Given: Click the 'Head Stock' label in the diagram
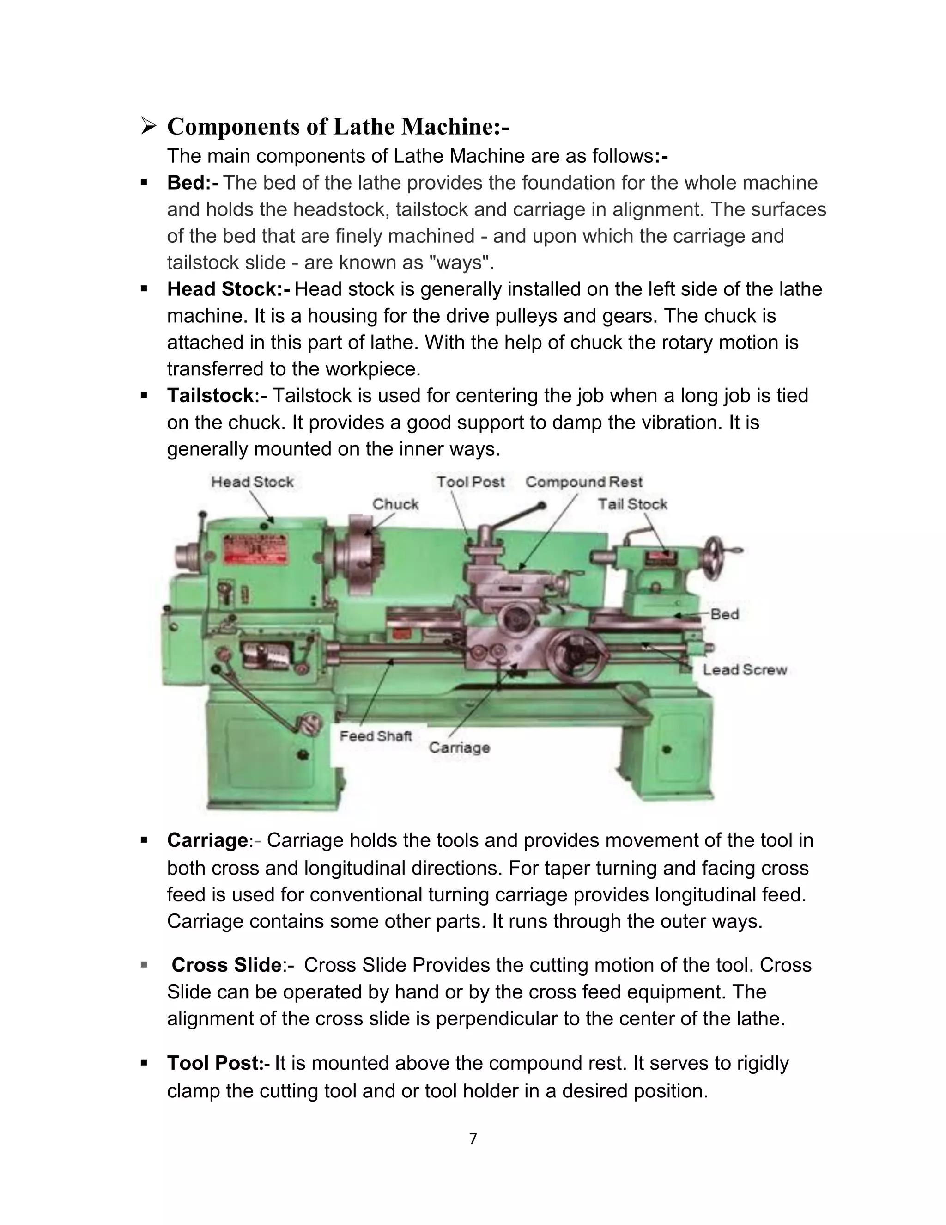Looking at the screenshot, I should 252,482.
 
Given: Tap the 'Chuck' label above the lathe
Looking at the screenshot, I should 396,504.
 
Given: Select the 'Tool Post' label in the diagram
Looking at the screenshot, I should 470,482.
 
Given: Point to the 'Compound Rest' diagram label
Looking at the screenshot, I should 583,482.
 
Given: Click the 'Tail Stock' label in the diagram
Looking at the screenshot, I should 632,504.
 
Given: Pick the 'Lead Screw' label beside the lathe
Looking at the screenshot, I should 745,670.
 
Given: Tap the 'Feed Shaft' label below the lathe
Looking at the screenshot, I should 376,736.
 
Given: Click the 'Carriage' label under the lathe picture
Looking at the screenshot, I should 460,747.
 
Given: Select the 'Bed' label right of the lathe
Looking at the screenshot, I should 725,614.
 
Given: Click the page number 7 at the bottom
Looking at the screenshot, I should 473,1139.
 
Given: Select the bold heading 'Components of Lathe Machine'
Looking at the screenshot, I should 338,126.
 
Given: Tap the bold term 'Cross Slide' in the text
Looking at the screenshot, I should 226,965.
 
